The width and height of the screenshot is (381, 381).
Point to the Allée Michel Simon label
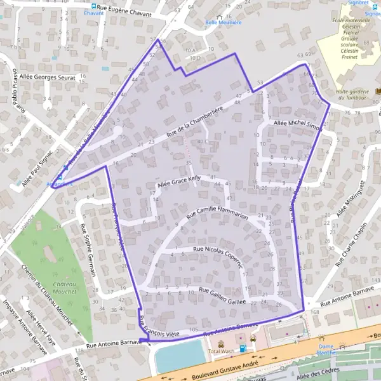297,124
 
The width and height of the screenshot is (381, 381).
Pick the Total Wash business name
221,351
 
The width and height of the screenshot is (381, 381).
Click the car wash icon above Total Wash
221,344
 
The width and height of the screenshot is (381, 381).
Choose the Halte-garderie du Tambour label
354,94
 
